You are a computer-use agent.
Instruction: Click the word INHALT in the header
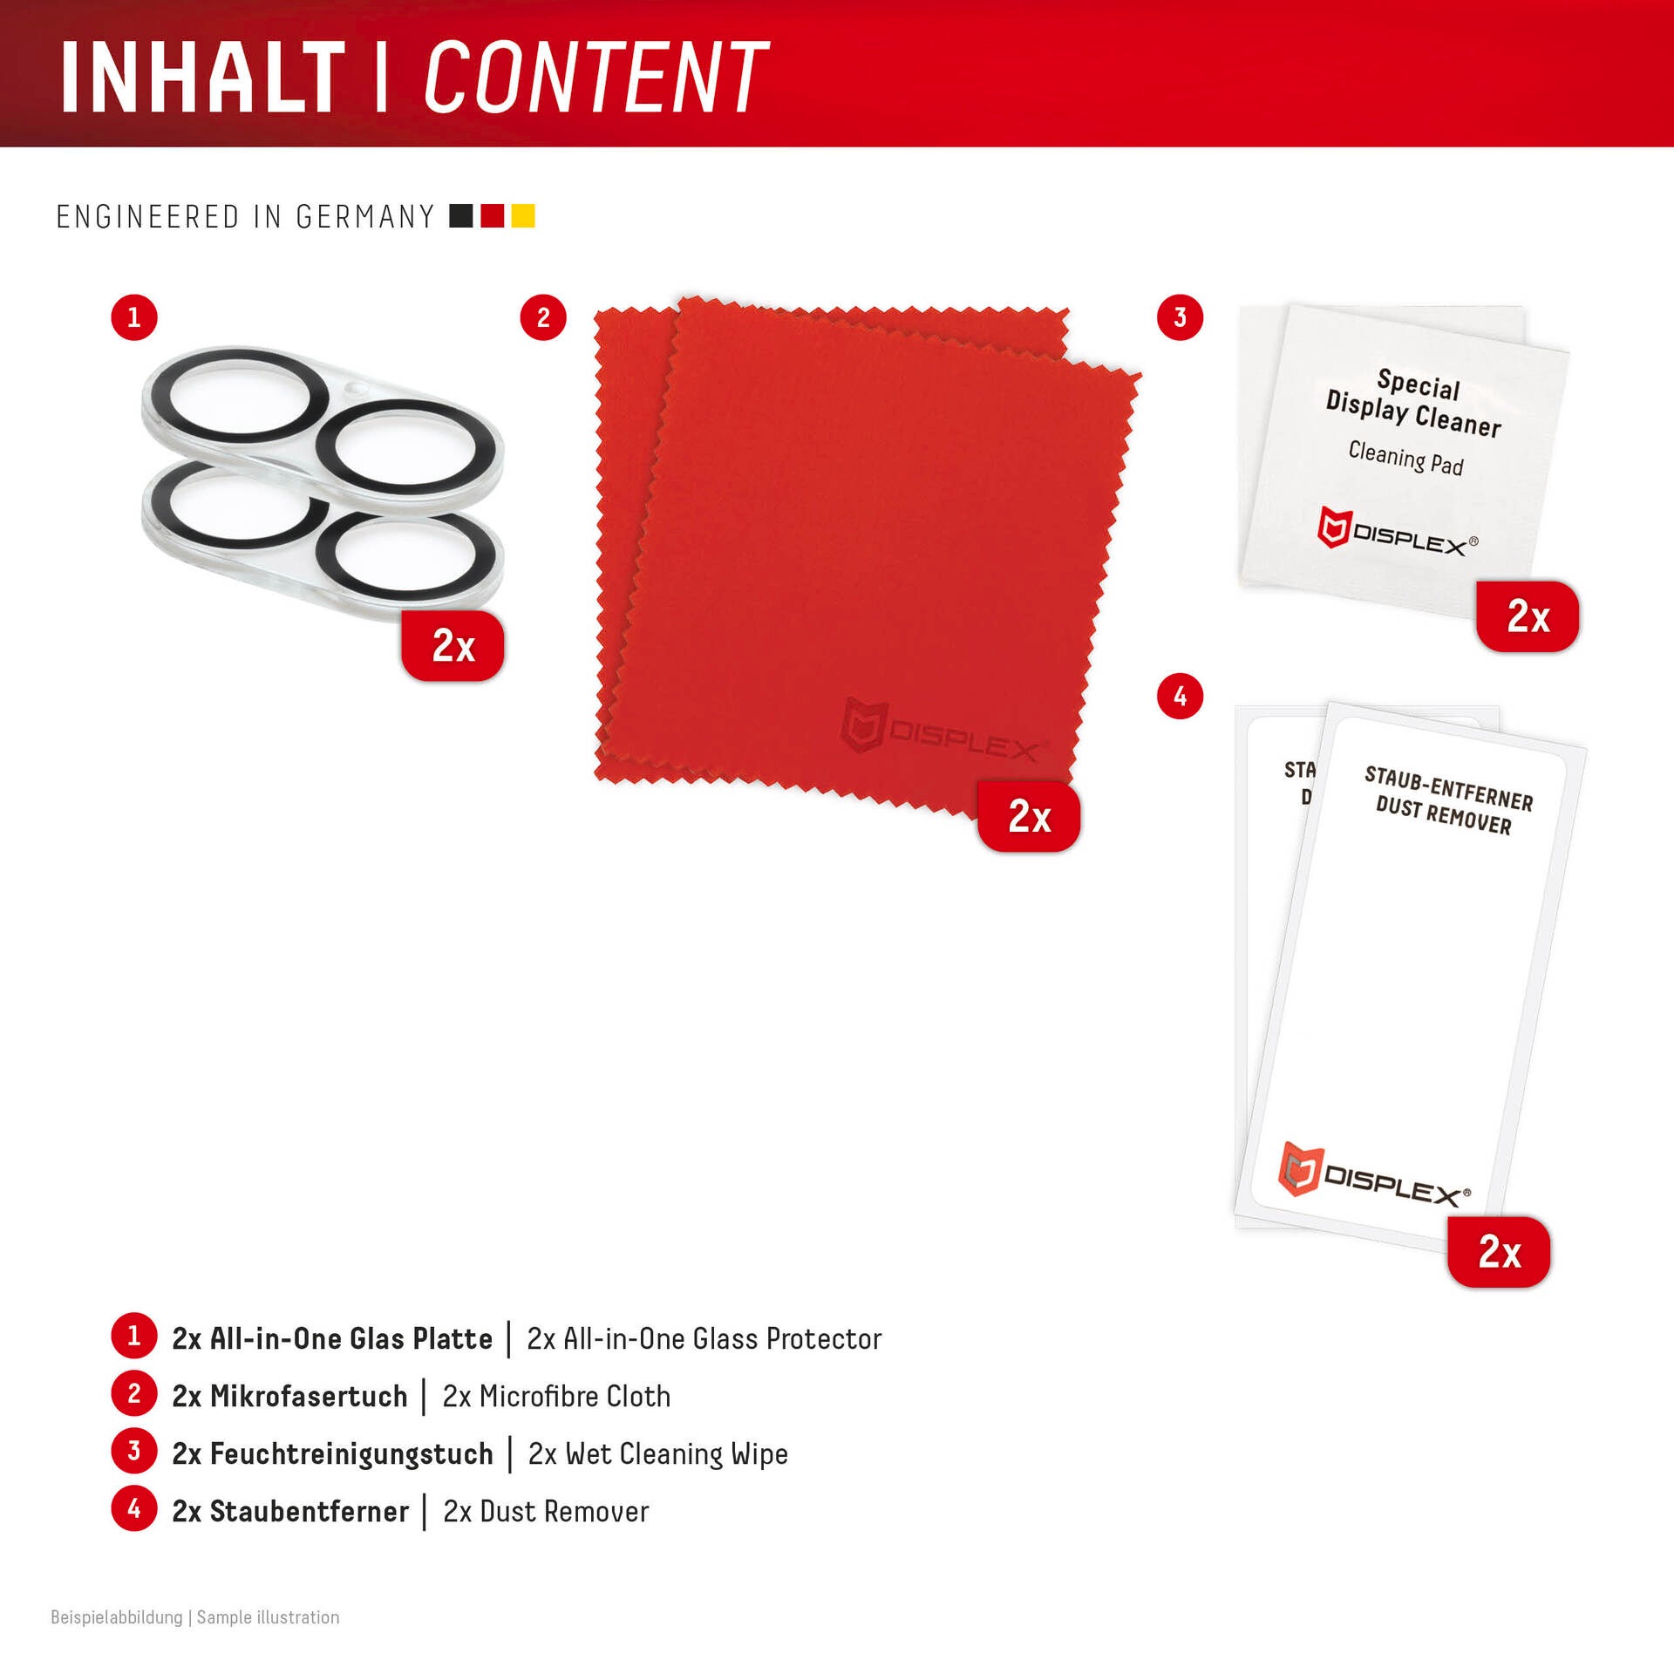(x=203, y=77)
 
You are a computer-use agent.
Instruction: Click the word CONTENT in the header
(x=596, y=77)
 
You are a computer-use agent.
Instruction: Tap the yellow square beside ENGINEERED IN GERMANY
(x=523, y=215)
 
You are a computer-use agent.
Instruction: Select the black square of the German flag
(x=461, y=215)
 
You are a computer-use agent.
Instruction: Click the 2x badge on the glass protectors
(x=453, y=646)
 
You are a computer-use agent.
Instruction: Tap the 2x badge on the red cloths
(x=1029, y=817)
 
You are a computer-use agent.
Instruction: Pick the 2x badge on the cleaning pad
(x=1528, y=616)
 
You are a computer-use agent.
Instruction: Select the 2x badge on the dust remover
(x=1499, y=1252)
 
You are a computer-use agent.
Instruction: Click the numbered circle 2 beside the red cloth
(x=543, y=317)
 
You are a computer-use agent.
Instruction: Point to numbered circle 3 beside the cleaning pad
(x=1180, y=317)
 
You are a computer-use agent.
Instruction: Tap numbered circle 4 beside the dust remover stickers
(x=1180, y=697)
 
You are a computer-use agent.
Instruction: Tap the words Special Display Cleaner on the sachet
(x=1415, y=404)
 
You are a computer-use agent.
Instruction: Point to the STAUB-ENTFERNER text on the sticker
(x=1449, y=788)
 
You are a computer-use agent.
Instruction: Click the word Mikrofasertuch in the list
(x=309, y=1396)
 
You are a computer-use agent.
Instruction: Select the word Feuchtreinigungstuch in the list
(x=351, y=1453)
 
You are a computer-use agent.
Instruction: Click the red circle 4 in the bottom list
(x=134, y=1509)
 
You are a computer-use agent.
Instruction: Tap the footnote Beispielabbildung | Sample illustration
(x=195, y=1617)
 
